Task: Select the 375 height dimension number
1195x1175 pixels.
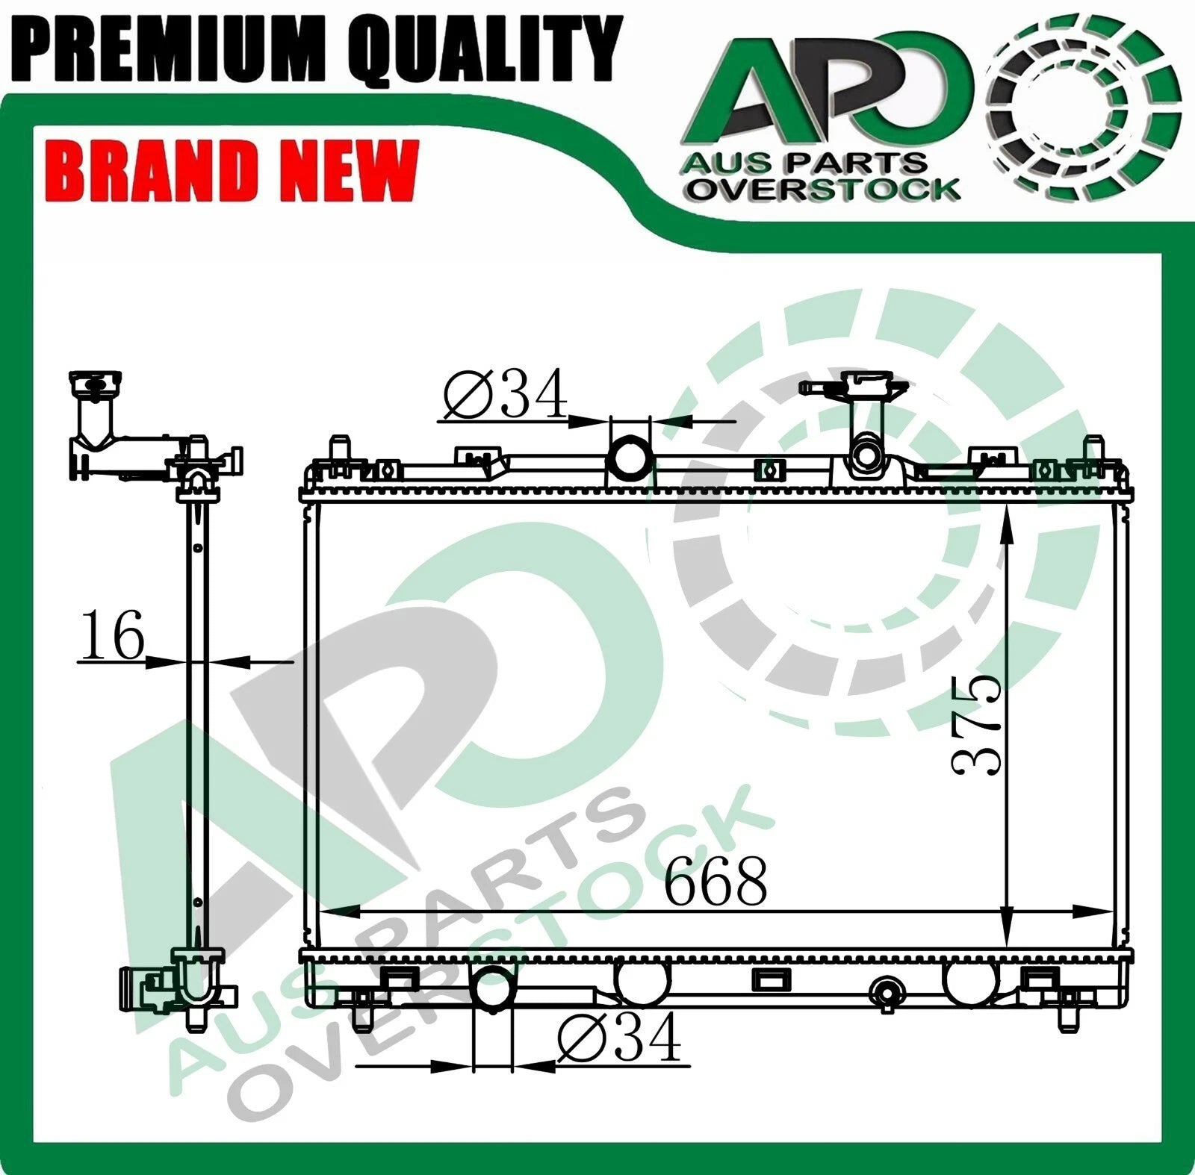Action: coord(976,724)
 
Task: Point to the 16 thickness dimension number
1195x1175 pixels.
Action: coord(111,635)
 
